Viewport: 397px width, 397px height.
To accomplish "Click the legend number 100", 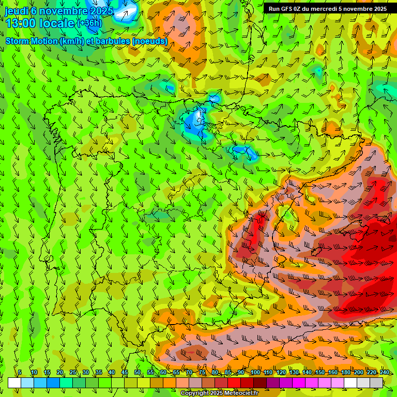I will click(x=255, y=372).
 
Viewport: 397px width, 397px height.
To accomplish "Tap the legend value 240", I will click(x=385, y=372).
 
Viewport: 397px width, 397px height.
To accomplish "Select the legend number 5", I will click(x=20, y=372).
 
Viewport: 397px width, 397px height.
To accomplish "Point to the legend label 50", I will click(x=138, y=372).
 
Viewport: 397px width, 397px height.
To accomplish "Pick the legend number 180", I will click(x=346, y=372).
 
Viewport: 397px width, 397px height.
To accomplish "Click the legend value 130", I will click(x=294, y=372).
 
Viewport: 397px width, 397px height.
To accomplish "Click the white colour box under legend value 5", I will click(x=14, y=383).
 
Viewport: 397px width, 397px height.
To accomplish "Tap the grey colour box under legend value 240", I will click(x=376, y=383).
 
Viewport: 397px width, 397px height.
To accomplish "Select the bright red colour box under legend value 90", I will click(x=234, y=383).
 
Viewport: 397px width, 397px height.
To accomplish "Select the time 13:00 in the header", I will click(x=23, y=23).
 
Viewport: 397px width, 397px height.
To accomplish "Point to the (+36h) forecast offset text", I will click(x=89, y=23).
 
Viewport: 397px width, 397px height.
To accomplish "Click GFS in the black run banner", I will click(x=288, y=9).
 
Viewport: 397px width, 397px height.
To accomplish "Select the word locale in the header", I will click(x=58, y=23).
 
